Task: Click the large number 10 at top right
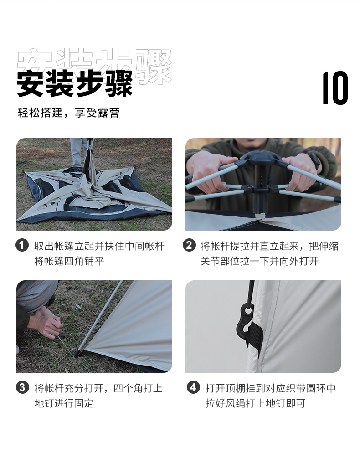coord(335,88)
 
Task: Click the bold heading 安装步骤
coord(75,84)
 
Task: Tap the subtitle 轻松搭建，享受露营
coord(68,113)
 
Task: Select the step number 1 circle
coord(22,246)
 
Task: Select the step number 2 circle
coord(189,245)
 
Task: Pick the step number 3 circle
coord(22,387)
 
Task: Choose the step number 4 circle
coord(193,387)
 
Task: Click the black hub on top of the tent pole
coord(260,157)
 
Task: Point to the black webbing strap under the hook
coord(255,335)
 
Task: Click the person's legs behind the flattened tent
coord(79,153)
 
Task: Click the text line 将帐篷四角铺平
coord(69,261)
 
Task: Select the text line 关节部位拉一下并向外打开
coord(259,261)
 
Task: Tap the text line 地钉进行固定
coord(64,403)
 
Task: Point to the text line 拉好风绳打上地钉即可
coord(255,403)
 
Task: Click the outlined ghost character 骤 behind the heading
coord(154,67)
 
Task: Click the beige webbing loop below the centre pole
coord(262,216)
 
